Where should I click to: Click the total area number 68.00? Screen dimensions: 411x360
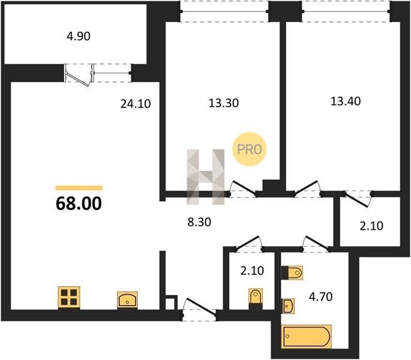coord(79,203)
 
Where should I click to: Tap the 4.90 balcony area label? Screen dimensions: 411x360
coord(79,36)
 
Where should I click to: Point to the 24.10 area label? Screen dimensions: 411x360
coord(136,104)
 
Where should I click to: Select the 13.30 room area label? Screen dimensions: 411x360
coord(224,103)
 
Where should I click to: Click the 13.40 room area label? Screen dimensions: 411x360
coord(346,101)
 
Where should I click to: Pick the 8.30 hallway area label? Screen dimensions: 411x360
coord(199,222)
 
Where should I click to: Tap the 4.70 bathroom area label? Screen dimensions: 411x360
coord(320,297)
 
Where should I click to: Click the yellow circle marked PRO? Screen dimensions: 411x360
coord(249,149)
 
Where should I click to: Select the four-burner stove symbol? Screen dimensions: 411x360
coord(69,298)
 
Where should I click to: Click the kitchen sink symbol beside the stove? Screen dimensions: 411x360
coord(127,299)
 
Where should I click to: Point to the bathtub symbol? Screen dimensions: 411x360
coord(306,337)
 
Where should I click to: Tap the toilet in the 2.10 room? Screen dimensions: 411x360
coord(256,299)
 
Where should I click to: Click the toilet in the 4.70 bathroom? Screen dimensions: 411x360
coord(292,273)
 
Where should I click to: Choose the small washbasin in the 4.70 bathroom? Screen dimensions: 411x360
coord(288,306)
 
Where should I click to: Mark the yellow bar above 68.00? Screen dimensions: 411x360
coord(79,188)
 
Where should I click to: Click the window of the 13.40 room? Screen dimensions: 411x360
coord(346,11)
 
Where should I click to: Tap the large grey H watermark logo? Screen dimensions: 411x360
coord(205,177)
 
